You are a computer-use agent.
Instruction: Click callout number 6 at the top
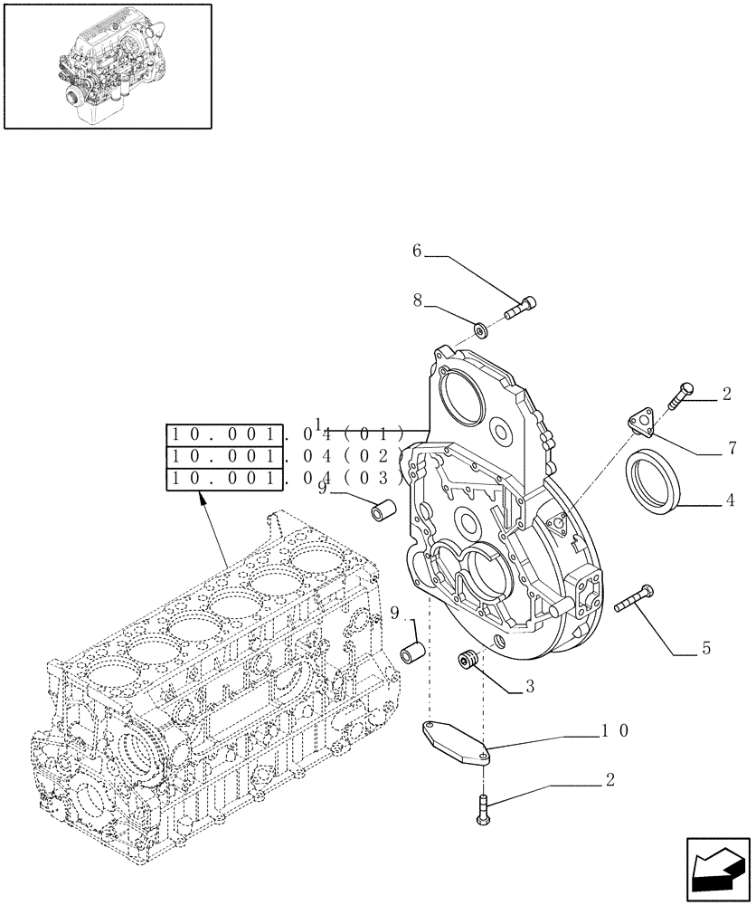417,252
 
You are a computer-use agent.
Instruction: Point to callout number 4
728,500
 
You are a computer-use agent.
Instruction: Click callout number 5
705,648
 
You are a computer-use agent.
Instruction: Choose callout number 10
612,729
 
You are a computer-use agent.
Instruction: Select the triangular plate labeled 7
639,422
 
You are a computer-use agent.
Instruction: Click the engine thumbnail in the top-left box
108,65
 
